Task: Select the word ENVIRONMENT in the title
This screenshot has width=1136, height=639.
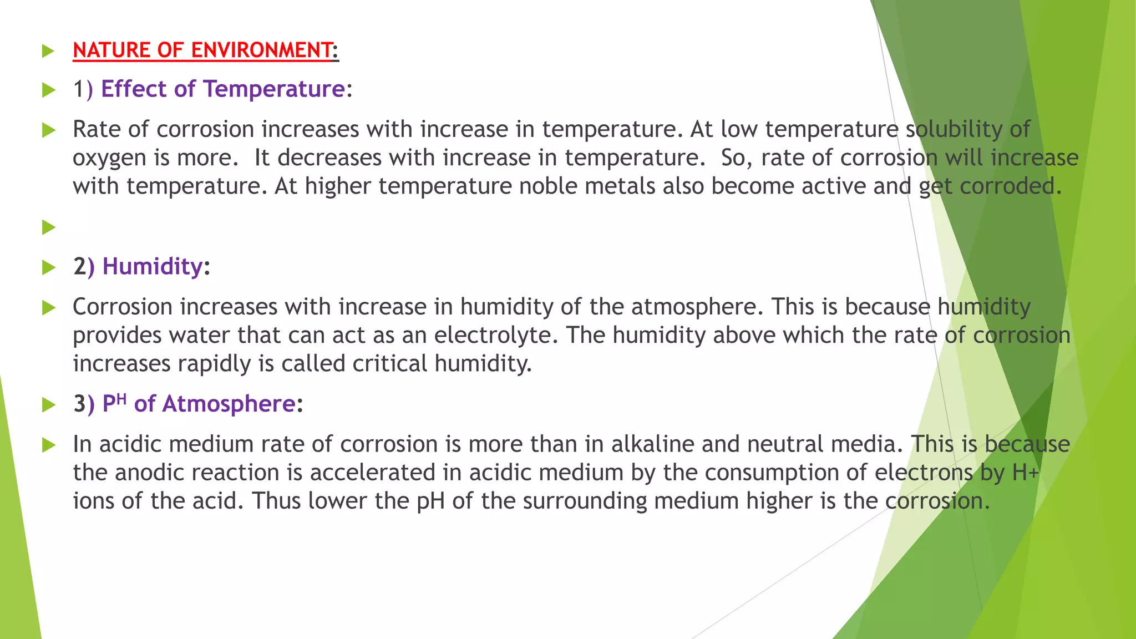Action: tap(261, 50)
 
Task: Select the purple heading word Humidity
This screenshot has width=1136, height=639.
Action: tap(153, 267)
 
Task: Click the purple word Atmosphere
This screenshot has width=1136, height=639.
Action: tap(229, 404)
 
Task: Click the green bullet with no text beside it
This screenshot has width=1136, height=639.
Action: tap(49, 227)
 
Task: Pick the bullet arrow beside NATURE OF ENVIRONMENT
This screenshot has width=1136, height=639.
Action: tap(49, 52)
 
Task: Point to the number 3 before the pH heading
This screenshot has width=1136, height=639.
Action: tap(79, 404)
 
